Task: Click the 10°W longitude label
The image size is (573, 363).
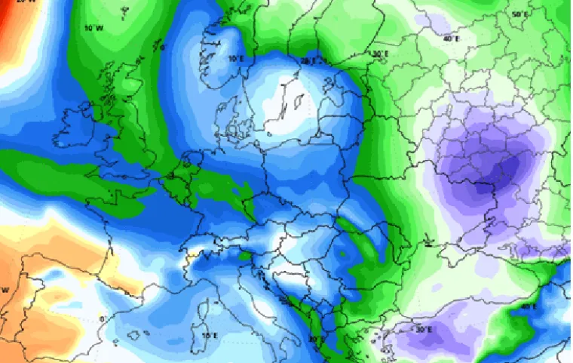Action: point(93,28)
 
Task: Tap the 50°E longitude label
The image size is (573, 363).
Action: point(519,14)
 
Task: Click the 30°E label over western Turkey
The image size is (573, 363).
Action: point(423,330)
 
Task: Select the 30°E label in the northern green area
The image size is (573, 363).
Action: point(380,54)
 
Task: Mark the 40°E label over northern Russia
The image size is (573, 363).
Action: point(451,38)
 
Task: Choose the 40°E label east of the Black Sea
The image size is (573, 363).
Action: point(528,306)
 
